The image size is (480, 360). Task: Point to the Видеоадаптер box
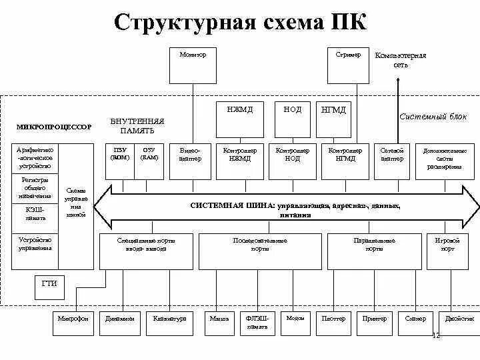[x=190, y=161]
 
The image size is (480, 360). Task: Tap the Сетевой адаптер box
[x=392, y=161]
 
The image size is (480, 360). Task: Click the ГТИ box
[x=49, y=284]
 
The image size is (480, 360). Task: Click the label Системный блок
[x=424, y=116]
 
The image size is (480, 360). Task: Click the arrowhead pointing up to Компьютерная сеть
[x=399, y=81]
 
